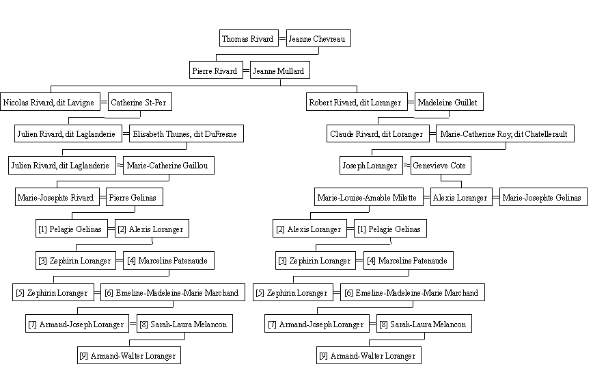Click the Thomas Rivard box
click(249, 38)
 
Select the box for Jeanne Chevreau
click(318, 38)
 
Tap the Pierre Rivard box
click(216, 70)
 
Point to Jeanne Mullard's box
click(280, 70)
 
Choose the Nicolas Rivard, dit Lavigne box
click(51, 102)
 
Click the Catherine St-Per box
click(140, 102)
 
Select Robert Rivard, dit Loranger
click(357, 102)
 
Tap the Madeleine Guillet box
click(449, 102)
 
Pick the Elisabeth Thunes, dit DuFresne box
click(187, 133)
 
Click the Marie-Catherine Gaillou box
click(169, 165)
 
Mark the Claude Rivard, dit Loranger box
click(378, 133)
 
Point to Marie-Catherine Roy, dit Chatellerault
click(505, 133)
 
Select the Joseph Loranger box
click(371, 165)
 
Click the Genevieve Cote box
click(441, 165)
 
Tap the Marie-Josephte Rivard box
click(57, 197)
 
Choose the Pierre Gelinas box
click(135, 197)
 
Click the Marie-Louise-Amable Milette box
click(369, 197)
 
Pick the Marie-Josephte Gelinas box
click(543, 197)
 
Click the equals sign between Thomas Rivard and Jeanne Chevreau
click(283, 38)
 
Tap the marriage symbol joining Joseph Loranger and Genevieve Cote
click(406, 165)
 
